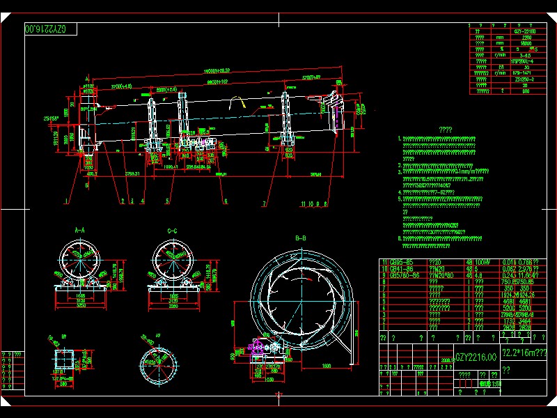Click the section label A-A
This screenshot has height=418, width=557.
click(x=79, y=229)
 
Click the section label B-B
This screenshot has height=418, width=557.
click(x=301, y=238)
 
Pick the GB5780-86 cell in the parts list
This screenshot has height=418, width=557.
click(x=402, y=274)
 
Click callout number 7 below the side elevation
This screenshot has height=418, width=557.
click(x=263, y=204)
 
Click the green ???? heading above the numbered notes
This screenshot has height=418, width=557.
click(x=446, y=129)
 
